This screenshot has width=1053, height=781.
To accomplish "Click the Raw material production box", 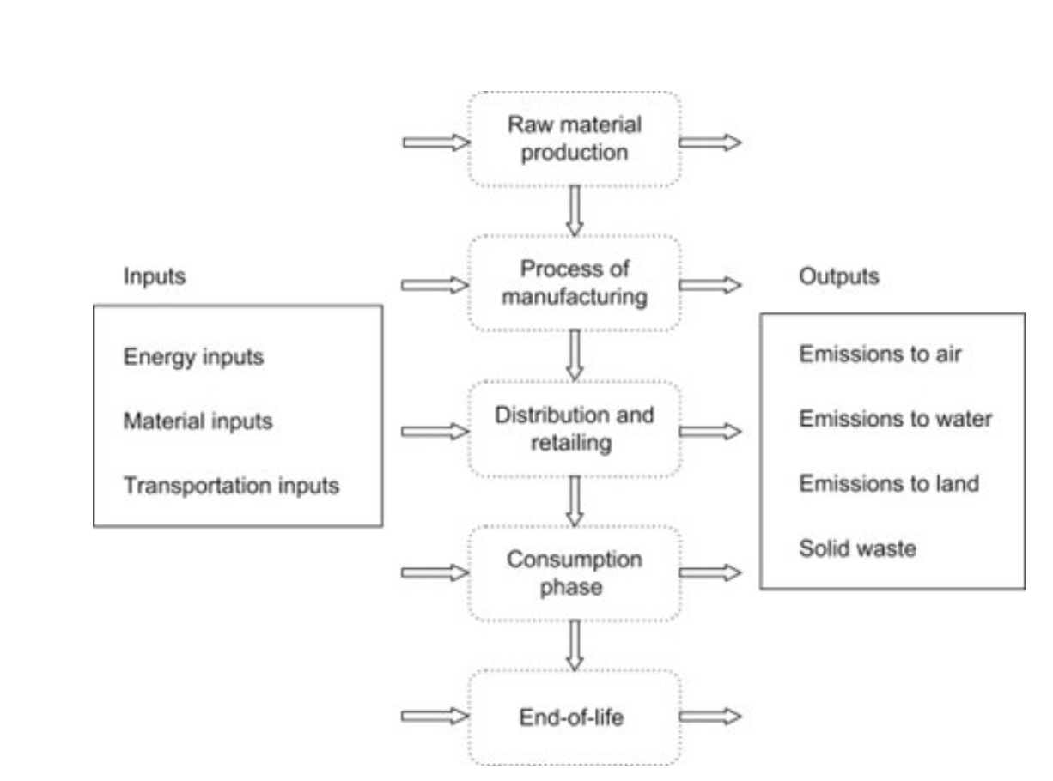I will click(574, 139).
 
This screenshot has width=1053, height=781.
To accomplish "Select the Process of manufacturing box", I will click(574, 284).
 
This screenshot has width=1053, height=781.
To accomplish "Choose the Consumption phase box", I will click(574, 574).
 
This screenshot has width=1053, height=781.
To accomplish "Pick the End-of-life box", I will click(574, 717).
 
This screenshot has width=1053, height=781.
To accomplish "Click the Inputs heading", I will click(155, 277).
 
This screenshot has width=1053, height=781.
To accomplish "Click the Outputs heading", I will click(839, 277).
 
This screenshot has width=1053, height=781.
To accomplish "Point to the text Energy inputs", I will click(193, 357).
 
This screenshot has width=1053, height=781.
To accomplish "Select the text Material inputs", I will click(198, 421).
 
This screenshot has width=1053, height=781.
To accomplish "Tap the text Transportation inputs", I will click(231, 487).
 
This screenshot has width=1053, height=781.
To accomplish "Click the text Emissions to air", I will click(880, 354).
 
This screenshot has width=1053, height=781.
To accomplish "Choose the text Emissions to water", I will click(895, 419).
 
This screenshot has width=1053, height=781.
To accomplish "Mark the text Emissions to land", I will click(888, 483).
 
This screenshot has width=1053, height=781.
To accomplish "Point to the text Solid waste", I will click(857, 548).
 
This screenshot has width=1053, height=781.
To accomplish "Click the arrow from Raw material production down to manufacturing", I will click(575, 210).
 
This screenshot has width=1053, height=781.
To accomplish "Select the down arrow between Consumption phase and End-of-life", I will click(575, 645).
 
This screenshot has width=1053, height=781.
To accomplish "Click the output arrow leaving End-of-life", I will click(709, 717).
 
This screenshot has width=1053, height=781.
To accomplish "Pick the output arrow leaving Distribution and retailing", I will click(709, 431).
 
